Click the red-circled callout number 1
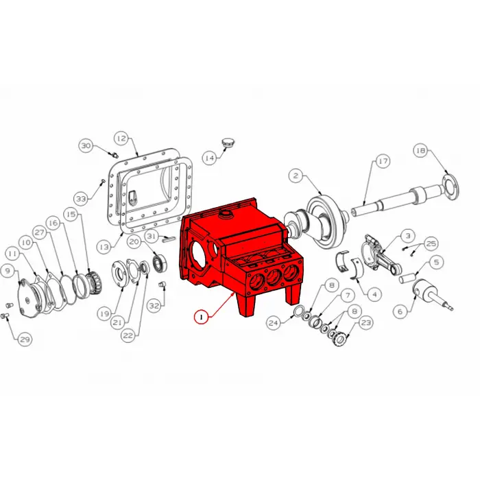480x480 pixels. click(201, 317)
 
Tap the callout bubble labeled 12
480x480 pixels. click(121, 138)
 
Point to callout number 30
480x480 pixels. click(86, 146)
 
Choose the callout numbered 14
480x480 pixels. click(209, 158)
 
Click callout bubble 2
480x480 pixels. click(296, 176)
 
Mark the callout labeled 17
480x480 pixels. click(382, 161)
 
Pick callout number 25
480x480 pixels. click(431, 243)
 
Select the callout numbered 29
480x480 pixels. click(25, 339)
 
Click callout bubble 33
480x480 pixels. click(82, 199)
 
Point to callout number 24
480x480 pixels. click(273, 322)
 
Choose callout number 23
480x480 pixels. click(365, 322)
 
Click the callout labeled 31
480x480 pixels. click(152, 237)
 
